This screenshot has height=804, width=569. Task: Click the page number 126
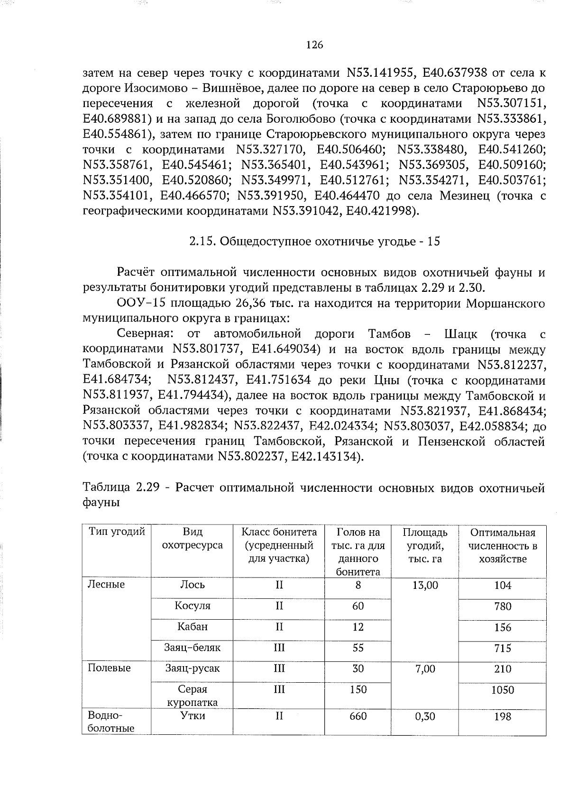coord(314,45)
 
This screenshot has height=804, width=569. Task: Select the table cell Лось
coord(192,585)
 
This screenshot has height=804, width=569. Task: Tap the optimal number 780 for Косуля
coord(502,606)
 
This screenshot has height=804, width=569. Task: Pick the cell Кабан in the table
coord(192,627)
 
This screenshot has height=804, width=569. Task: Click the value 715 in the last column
coord(502,648)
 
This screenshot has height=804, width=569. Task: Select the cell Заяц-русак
coord(192,668)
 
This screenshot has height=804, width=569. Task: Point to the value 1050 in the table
coord(502,690)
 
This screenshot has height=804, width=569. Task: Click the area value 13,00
coord(425,585)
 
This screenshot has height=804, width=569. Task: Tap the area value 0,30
coord(425,716)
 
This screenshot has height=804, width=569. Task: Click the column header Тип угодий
coord(117,532)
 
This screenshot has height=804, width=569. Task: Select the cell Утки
coord(192,716)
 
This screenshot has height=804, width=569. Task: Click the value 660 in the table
coord(358,716)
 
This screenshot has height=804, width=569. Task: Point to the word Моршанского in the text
coord(505,303)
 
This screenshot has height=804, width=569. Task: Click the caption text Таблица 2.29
coord(124,488)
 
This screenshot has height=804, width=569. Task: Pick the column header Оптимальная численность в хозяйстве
coord(502,546)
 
